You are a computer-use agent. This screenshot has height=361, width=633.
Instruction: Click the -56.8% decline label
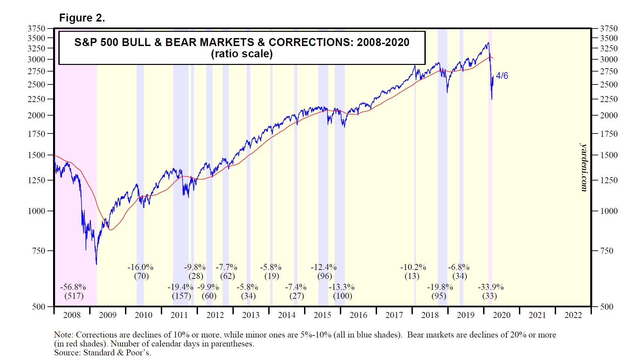pos(73,287)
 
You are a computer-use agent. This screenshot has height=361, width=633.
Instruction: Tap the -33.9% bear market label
pos(490,287)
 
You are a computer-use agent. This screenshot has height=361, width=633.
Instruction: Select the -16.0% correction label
pos(140,267)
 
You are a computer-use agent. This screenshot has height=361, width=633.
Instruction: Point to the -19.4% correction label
pos(180,287)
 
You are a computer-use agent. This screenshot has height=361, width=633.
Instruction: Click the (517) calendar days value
pos(74,296)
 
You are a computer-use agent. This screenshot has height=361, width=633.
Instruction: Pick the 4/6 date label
pos(502,76)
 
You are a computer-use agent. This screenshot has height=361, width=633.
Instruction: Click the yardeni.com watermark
pos(584,167)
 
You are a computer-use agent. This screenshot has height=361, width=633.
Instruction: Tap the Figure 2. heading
pos(82,18)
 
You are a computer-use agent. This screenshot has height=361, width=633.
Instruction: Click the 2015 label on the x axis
pos(322,315)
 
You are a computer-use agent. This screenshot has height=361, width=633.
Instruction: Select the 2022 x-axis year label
pos(573,315)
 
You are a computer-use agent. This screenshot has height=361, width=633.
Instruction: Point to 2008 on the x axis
pos(72,315)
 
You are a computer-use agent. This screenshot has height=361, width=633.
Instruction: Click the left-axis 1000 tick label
pos(36,211)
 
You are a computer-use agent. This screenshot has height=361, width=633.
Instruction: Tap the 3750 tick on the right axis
pos(609,28)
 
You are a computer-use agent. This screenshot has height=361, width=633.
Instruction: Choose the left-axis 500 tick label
pos(38,307)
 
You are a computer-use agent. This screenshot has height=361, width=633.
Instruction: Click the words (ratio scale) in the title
pos(242,54)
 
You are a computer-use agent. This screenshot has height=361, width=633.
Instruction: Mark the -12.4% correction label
pos(323,267)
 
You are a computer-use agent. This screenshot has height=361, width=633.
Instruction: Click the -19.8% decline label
pos(440,287)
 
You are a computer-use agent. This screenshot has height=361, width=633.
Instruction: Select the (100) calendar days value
pos(343,296)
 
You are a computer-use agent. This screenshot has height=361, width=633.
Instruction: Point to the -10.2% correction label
pos(413,267)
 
